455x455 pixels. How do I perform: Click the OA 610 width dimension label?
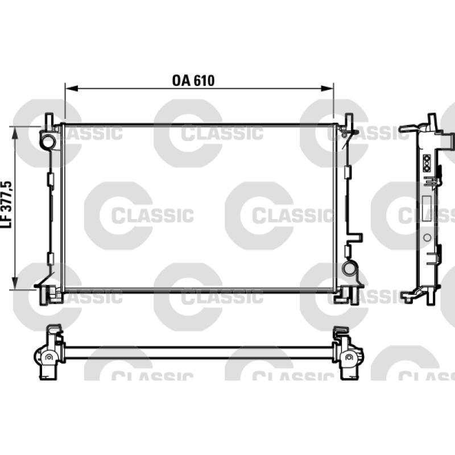193,81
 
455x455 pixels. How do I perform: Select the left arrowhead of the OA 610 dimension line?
72,88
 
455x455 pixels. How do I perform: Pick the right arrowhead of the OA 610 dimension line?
327,88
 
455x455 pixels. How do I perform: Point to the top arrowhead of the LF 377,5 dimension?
15,133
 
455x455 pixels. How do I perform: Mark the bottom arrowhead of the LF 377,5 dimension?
15,283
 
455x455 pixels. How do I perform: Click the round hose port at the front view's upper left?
48,140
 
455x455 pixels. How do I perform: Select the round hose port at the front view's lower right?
349,268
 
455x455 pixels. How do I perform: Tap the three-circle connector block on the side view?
427,163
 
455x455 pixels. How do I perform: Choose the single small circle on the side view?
427,237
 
